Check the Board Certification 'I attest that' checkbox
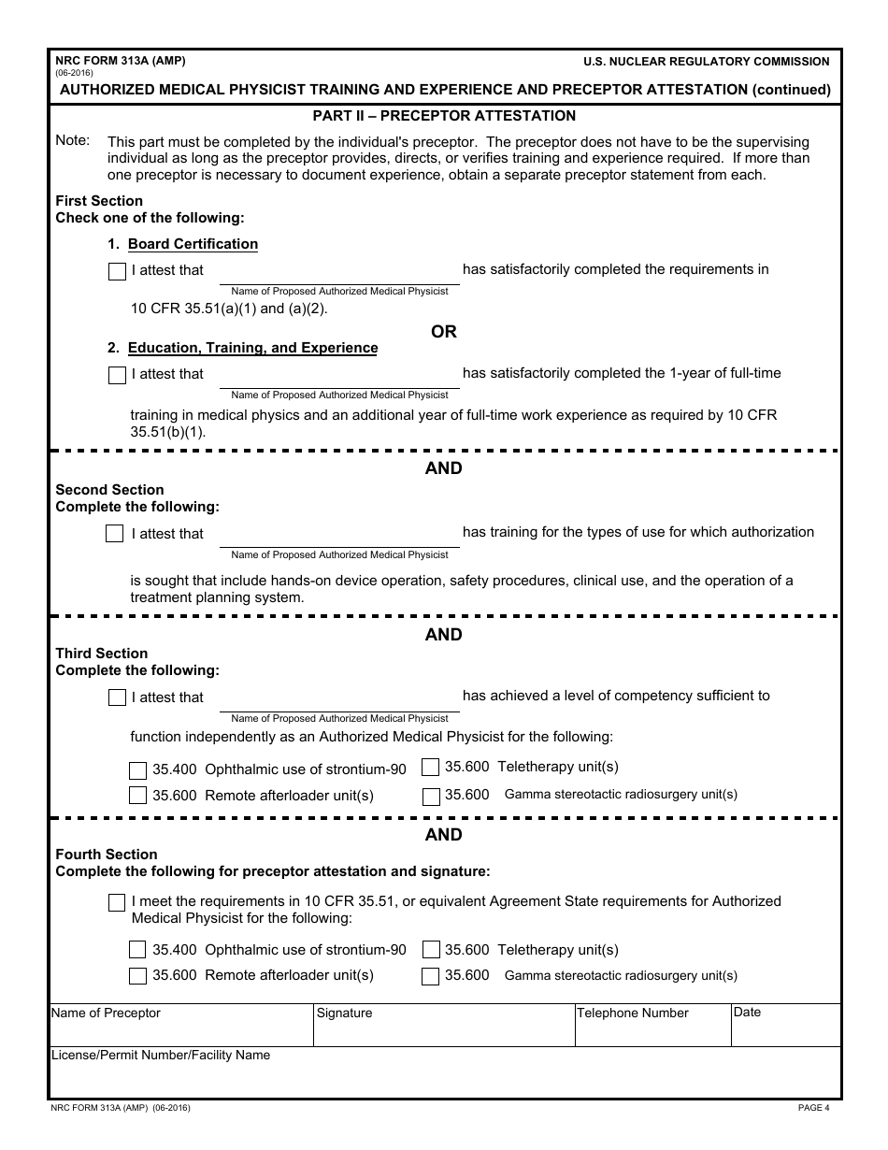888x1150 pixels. click(117, 272)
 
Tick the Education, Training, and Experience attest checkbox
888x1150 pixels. click(117, 376)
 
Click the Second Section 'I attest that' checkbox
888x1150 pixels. click(114, 534)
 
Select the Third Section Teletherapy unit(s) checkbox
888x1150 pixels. click(431, 768)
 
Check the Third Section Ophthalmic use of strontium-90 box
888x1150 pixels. click(137, 770)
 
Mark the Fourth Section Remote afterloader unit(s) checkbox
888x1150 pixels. click(137, 976)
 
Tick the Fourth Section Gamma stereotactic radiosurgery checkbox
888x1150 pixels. click(431, 977)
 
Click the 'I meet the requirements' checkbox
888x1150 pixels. click(117, 903)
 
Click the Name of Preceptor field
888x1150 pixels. click(179, 1032)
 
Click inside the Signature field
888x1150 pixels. click(443, 1032)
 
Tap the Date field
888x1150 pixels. click(785, 1032)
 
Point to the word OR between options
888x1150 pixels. click(444, 332)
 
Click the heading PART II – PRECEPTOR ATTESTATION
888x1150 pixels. click(444, 116)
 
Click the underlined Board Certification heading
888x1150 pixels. click(193, 244)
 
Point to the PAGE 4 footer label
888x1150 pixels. click(813, 1109)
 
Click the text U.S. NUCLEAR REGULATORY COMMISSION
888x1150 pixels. click(706, 62)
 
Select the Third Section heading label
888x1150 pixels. click(102, 654)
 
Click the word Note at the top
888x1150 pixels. click(73, 140)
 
